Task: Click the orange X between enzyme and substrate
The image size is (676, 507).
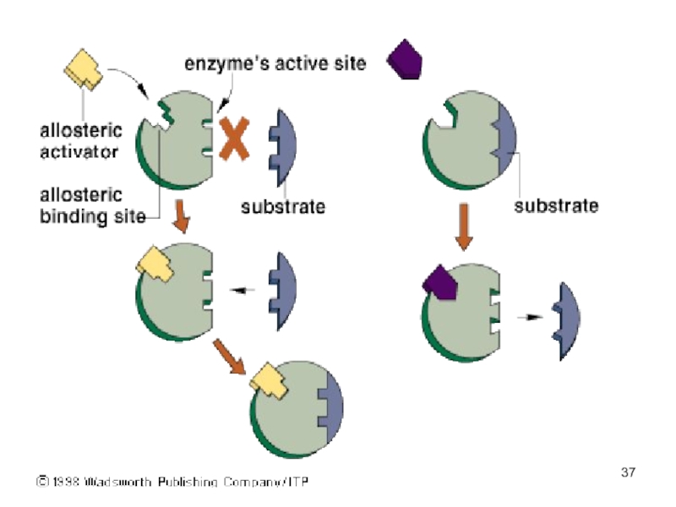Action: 236,138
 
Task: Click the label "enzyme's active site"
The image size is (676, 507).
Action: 275,63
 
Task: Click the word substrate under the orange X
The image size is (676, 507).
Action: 283,205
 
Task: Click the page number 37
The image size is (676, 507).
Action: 628,472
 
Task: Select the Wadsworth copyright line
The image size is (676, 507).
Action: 172,482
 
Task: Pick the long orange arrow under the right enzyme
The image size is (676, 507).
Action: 463,226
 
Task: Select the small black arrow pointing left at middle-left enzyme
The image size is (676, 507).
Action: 244,290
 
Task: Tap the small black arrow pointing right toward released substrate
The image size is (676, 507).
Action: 527,318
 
